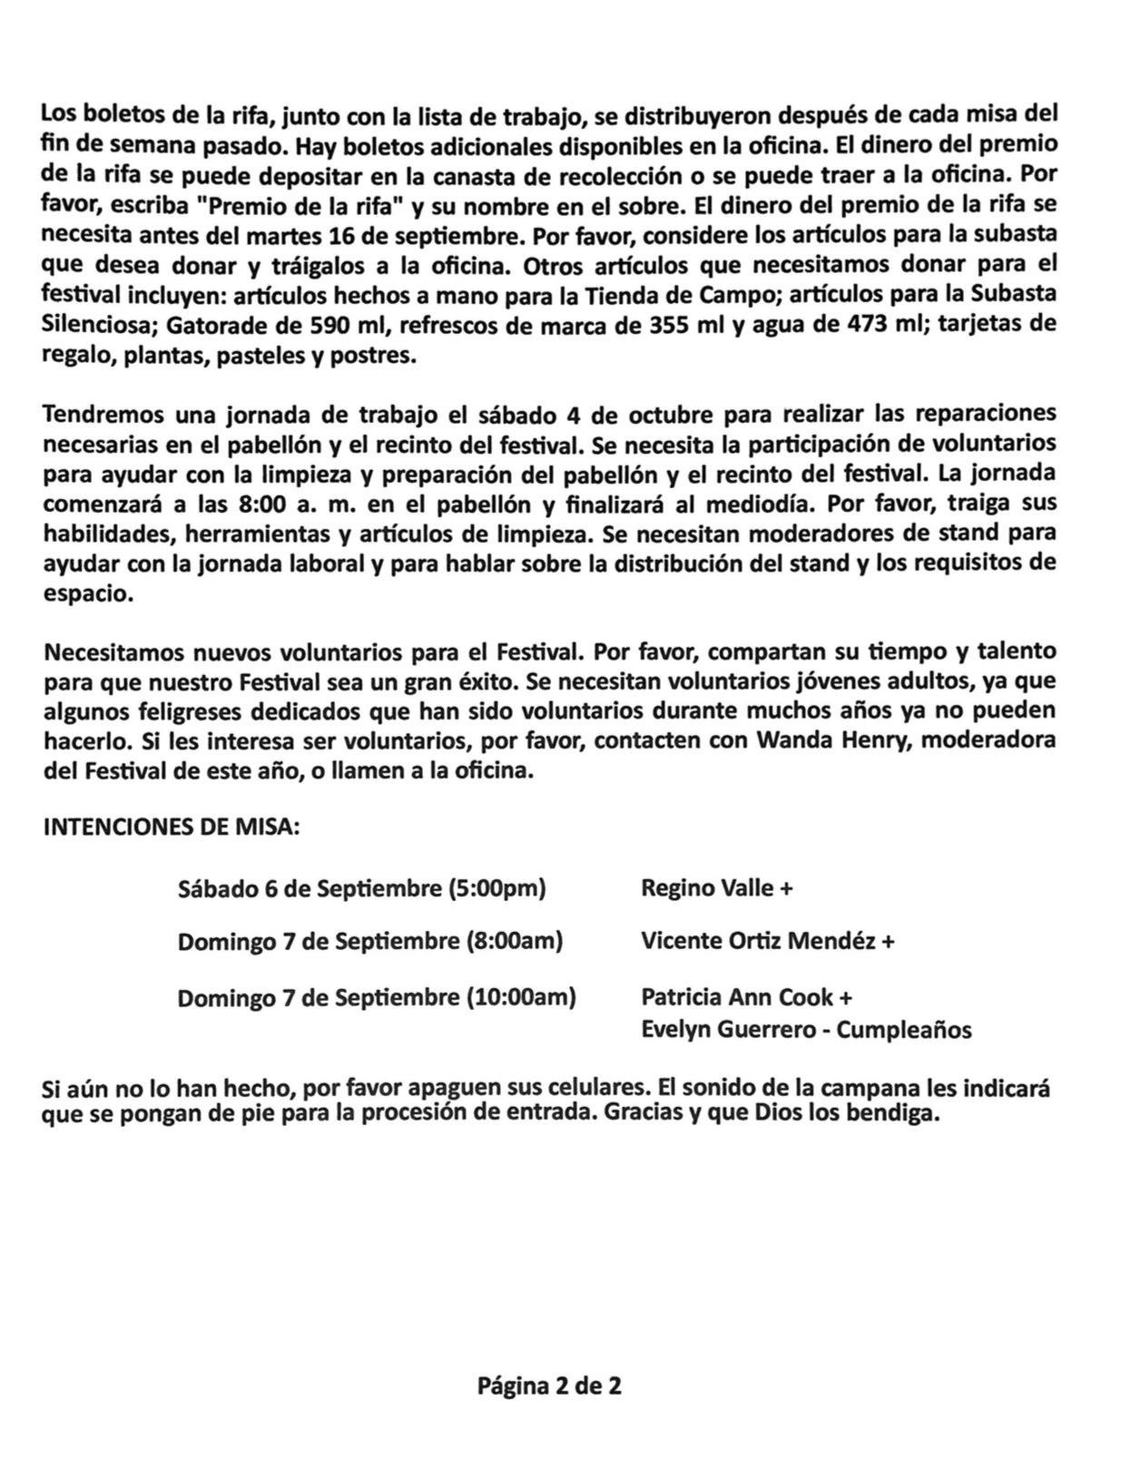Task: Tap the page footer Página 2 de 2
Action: click(550, 1387)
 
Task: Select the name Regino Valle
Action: click(707, 887)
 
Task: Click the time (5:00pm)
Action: click(497, 887)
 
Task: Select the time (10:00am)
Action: click(521, 997)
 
